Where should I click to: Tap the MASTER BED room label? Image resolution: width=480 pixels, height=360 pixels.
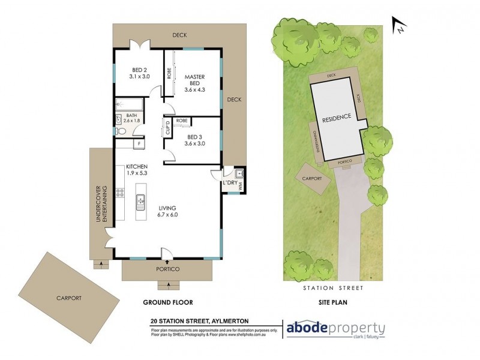pyautogui.click(x=195, y=78)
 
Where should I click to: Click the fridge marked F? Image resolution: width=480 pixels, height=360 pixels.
pyautogui.click(x=139, y=144)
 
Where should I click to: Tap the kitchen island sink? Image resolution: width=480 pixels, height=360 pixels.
pyautogui.click(x=141, y=203)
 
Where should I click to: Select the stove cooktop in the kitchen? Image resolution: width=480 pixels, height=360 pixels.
pyautogui.click(x=120, y=194)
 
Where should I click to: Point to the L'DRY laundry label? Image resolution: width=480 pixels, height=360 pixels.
pyautogui.click(x=229, y=182)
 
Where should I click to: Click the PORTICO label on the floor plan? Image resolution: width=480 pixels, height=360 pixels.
pyautogui.click(x=166, y=269)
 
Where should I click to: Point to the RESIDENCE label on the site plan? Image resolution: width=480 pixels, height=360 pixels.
pyautogui.click(x=336, y=119)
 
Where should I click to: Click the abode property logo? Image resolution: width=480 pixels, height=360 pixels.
pyautogui.click(x=334, y=329)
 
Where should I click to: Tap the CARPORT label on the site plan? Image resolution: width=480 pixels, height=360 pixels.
pyautogui.click(x=313, y=178)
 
